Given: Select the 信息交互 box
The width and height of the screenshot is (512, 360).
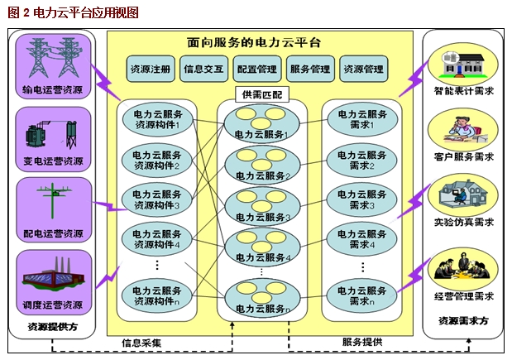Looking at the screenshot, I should (203, 70).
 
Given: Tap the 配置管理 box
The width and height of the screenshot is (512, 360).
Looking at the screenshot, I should (256, 70).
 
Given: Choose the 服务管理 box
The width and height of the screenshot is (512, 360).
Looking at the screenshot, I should (309, 70).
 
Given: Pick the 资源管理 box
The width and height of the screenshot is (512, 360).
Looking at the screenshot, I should (362, 70).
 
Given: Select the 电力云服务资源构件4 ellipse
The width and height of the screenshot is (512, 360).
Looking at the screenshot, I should (157, 239).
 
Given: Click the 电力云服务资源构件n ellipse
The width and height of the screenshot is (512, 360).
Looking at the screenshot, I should (157, 295).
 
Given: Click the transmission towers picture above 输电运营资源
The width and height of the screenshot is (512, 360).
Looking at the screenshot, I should (53, 56).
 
